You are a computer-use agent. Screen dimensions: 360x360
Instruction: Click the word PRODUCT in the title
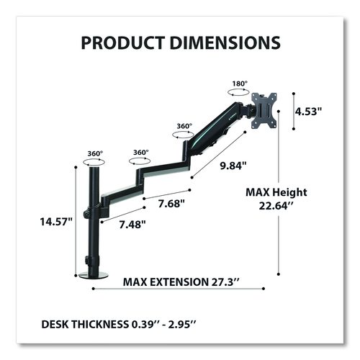point(123,42)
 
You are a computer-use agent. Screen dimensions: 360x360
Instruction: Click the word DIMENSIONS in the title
point(225,42)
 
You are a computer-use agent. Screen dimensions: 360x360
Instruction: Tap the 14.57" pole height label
point(56,221)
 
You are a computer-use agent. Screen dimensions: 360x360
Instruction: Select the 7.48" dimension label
point(132,225)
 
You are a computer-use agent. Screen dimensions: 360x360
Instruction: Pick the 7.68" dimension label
point(171,204)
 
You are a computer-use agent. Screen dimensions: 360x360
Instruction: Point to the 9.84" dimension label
point(233,166)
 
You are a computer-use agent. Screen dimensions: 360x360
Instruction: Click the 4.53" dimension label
point(308,111)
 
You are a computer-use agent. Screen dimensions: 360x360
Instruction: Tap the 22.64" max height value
point(276,206)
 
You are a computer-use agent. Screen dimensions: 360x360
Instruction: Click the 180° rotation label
point(240,84)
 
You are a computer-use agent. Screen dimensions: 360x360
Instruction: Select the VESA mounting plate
point(264,111)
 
